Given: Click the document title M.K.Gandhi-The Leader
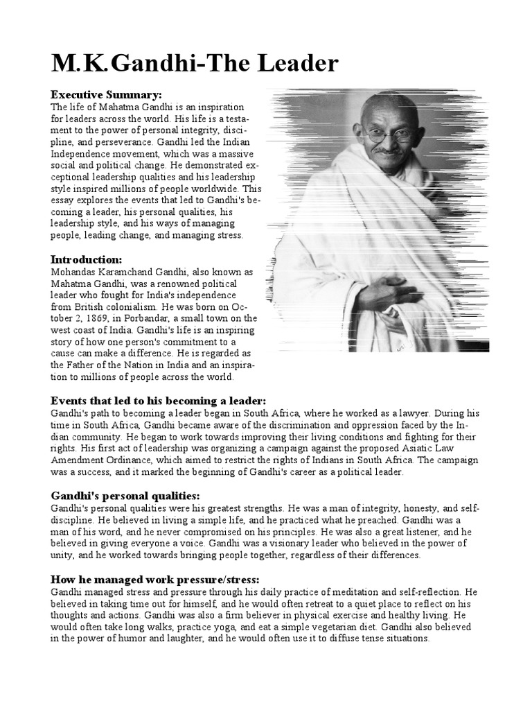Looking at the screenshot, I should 195,64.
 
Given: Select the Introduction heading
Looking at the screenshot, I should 87,259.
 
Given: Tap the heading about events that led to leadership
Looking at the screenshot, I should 158,401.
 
